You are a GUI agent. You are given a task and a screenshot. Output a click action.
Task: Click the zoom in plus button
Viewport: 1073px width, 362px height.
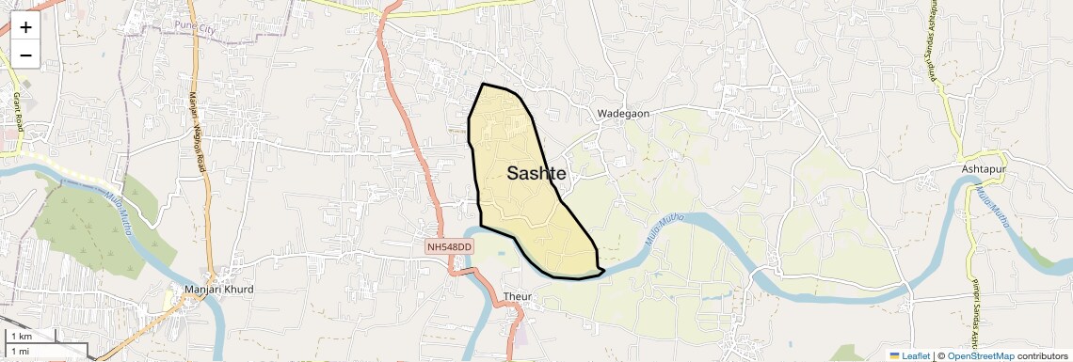tap(25, 27)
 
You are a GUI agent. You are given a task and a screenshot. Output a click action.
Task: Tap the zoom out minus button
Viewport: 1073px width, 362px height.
tap(25, 55)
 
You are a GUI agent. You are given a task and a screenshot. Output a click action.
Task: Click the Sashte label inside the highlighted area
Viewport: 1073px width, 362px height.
tap(536, 173)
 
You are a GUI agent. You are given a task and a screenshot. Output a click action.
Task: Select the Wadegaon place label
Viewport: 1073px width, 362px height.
tap(623, 114)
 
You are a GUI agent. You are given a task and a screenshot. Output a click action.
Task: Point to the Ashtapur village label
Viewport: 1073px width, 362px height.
tap(984, 168)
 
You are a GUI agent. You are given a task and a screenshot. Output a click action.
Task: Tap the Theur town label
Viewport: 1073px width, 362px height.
tap(518, 297)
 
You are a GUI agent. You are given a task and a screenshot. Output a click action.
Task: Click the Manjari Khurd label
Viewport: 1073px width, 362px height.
tap(219, 290)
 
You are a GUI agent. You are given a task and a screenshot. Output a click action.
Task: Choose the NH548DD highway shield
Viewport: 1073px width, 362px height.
tap(450, 246)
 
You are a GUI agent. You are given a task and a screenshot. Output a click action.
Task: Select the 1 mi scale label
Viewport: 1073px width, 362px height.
tap(21, 351)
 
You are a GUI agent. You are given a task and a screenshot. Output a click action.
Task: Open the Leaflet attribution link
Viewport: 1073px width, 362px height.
tap(909, 355)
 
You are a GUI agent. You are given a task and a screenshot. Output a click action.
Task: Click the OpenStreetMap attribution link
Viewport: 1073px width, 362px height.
tap(980, 355)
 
